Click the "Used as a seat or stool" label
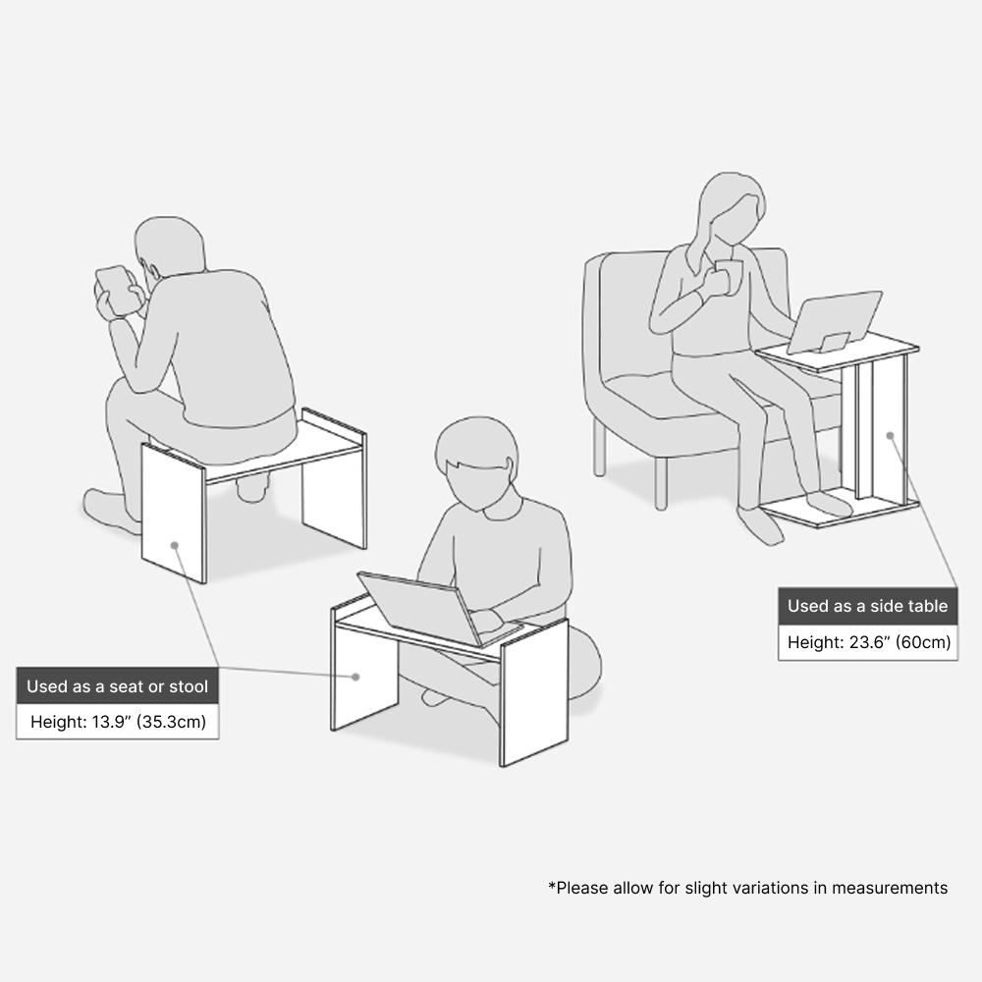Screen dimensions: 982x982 pyautogui.click(x=117, y=685)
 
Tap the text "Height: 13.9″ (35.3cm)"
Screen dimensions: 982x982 pyautogui.click(x=118, y=722)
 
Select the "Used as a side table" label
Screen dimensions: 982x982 pyautogui.click(x=867, y=606)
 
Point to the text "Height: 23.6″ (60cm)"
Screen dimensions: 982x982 pyautogui.click(x=869, y=642)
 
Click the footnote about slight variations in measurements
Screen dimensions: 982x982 pyautogui.click(x=747, y=888)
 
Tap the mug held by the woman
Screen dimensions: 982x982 pyautogui.click(x=728, y=276)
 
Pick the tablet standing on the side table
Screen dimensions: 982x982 pyautogui.click(x=834, y=321)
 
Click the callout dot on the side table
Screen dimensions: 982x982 pyautogui.click(x=890, y=435)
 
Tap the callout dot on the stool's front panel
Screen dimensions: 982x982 pyautogui.click(x=175, y=545)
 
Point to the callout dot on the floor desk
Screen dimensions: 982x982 pyautogui.click(x=355, y=677)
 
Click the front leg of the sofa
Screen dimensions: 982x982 pyautogui.click(x=661, y=483)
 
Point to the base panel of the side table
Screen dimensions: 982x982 pyautogui.click(x=841, y=512)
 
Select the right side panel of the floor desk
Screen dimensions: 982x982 pyautogui.click(x=533, y=692)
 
